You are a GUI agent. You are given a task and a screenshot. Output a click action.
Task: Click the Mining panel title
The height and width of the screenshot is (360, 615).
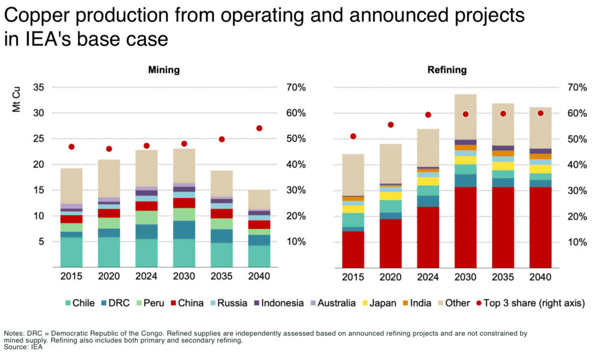164,70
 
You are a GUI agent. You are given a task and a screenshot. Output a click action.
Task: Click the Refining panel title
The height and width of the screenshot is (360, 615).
446,70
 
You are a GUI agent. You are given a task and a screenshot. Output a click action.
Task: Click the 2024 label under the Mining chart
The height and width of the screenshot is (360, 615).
147,276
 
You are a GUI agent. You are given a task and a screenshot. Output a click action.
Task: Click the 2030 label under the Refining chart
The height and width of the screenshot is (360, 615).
465,276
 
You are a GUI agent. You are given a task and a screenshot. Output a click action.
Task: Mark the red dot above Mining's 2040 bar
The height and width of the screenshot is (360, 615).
259,128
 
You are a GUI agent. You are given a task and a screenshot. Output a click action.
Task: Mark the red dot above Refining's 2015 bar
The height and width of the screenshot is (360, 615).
353,136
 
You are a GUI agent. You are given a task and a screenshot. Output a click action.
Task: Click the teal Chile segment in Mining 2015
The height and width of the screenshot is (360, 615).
71,252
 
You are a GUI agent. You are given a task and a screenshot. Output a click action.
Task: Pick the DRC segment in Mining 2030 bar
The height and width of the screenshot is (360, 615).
184,230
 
